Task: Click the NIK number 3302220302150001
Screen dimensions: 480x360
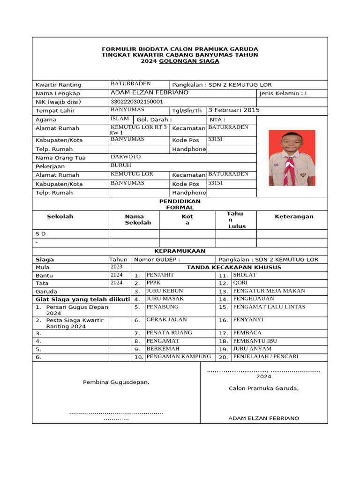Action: click(x=136, y=101)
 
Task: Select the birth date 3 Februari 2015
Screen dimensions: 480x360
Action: click(x=233, y=110)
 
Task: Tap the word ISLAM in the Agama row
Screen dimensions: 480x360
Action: click(x=120, y=119)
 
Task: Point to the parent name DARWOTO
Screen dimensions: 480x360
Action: click(x=125, y=157)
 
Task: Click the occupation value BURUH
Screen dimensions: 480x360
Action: click(x=120, y=165)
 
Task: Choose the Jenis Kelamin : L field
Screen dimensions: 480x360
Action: click(x=284, y=93)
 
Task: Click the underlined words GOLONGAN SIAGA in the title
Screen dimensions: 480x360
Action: click(x=189, y=61)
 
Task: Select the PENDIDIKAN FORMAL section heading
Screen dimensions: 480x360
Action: click(x=180, y=204)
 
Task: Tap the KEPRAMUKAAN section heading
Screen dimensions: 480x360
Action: click(x=180, y=251)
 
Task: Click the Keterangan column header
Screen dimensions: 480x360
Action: click(x=294, y=217)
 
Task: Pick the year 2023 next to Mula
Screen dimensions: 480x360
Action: click(x=116, y=267)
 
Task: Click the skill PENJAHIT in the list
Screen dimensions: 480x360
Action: click(x=160, y=274)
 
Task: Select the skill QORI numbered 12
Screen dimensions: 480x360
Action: click(x=240, y=283)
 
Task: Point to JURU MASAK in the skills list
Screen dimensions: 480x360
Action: click(x=165, y=299)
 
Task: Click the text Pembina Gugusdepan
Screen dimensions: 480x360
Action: click(x=116, y=382)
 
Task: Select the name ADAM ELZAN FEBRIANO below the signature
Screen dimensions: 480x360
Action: click(x=263, y=418)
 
